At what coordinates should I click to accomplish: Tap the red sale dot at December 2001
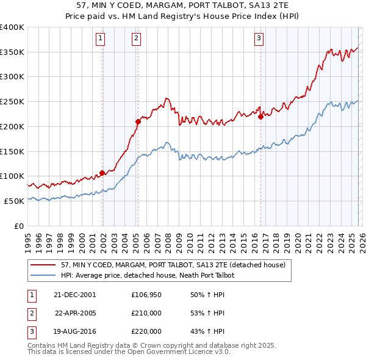[102, 173]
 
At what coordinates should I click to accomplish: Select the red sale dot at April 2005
[138, 121]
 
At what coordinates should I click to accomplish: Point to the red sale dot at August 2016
[260, 117]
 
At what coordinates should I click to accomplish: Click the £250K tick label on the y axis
[12, 102]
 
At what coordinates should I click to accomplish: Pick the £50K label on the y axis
[13, 201]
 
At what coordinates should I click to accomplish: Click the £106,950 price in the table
[146, 295]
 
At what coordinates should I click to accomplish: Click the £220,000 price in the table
[146, 331]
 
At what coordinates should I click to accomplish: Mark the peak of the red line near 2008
[166, 98]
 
